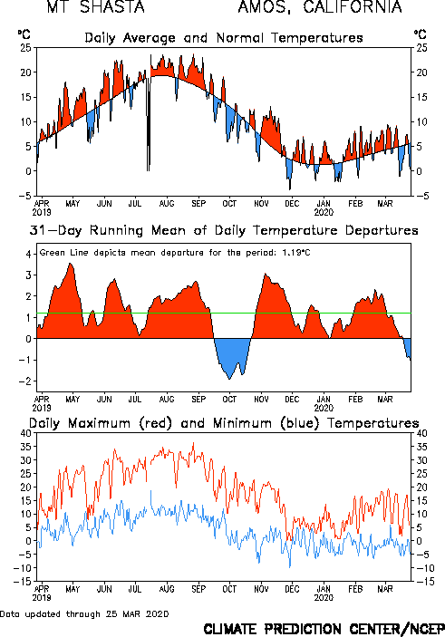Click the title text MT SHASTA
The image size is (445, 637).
point(95,7)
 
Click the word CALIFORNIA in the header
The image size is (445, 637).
point(353,7)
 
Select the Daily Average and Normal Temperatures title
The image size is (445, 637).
point(224,38)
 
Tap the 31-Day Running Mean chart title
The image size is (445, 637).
point(224,231)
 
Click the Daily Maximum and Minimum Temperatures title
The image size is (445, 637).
point(224,423)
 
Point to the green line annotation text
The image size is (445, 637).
point(175,253)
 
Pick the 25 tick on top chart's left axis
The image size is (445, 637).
point(25,48)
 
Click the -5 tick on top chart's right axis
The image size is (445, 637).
point(421,197)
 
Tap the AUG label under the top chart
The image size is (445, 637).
point(167,204)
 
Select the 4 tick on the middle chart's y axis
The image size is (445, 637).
point(28,255)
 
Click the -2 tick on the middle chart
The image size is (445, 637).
point(24,381)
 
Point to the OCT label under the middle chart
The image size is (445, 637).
point(229,400)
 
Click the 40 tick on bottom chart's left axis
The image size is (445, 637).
point(25,433)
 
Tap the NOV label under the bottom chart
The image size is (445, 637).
point(261,589)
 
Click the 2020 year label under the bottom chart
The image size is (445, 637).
point(324,598)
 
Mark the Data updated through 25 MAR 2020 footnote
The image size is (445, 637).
point(84,613)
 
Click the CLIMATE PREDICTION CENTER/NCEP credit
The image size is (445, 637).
point(324,629)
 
